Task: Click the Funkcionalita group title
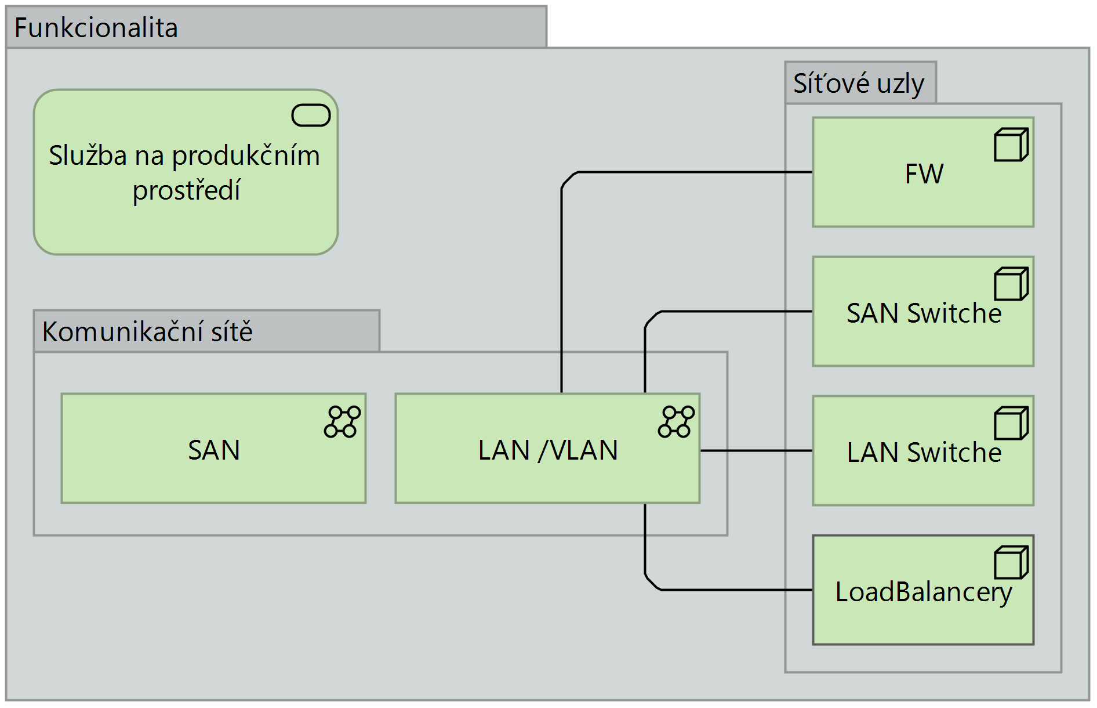pyautogui.click(x=96, y=28)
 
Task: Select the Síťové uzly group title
pyautogui.click(x=858, y=84)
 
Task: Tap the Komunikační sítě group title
pyautogui.click(x=147, y=332)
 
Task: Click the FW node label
pyautogui.click(x=924, y=174)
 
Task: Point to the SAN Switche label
pyautogui.click(x=924, y=313)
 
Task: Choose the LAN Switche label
pyautogui.click(x=924, y=453)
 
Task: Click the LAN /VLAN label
pyautogui.click(x=548, y=450)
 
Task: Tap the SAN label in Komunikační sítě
pyautogui.click(x=214, y=450)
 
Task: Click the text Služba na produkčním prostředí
pyautogui.click(x=185, y=173)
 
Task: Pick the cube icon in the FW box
pyautogui.click(x=1011, y=145)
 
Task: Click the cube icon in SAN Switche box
pyautogui.click(x=1011, y=284)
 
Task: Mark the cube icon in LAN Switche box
pyautogui.click(x=1011, y=423)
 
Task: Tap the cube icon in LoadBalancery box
pyautogui.click(x=1011, y=562)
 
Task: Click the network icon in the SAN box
pyautogui.click(x=343, y=422)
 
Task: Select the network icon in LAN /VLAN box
pyautogui.click(x=676, y=422)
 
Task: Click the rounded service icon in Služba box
pyautogui.click(x=311, y=115)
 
